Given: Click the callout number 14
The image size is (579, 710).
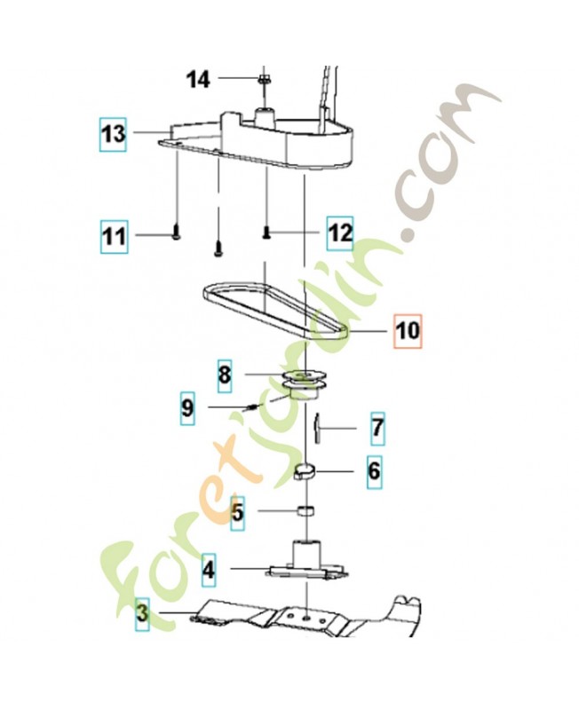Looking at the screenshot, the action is [199, 80].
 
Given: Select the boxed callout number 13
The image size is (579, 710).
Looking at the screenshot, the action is [113, 134].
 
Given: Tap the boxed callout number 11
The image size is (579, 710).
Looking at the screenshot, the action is [114, 236].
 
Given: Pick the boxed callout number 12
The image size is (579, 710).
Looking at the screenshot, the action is [340, 233].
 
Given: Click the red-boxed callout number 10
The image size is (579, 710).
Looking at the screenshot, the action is [408, 330].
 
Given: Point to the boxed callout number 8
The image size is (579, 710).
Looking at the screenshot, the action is [225, 375].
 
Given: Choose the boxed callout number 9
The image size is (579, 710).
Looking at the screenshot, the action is [187, 407].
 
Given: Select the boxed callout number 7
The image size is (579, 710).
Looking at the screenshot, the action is [377, 429].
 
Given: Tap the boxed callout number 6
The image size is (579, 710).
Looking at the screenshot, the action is [374, 471].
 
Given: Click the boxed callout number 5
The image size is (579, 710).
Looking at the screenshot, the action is [237, 513].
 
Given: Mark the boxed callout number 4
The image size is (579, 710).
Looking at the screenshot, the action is [209, 570].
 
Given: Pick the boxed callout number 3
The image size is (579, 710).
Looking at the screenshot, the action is [142, 614].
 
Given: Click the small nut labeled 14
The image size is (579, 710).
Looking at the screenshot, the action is [263, 80].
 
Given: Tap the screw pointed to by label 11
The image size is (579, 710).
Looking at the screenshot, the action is [176, 234].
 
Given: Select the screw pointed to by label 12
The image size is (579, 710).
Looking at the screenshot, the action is [266, 233].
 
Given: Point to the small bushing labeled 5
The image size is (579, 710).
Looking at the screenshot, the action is [305, 511].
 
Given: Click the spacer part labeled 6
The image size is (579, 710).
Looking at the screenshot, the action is [304, 472].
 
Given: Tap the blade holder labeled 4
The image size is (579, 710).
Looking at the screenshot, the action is [306, 563].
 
